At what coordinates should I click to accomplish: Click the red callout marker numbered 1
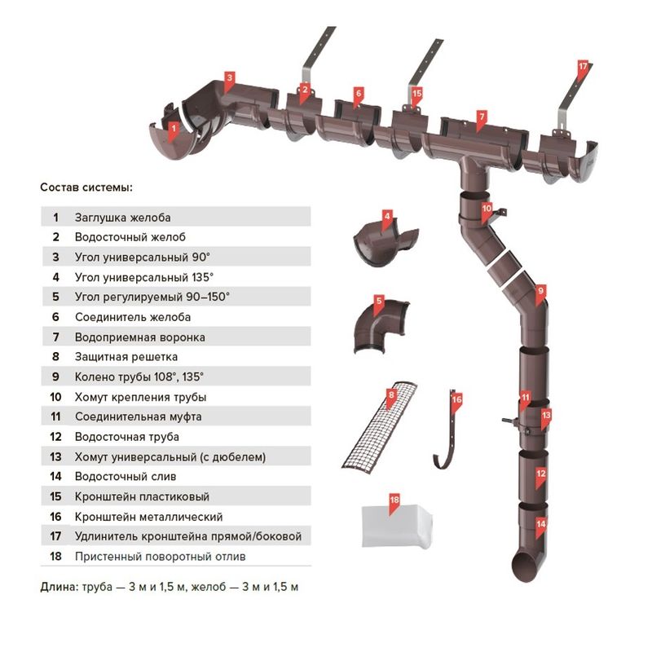point(173,127)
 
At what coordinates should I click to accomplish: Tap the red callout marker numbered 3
point(230,78)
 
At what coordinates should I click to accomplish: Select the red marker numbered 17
point(582,65)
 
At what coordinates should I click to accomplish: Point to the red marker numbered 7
point(482,117)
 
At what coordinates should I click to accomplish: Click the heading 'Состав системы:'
point(86,187)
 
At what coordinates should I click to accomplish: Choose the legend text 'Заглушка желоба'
point(122,218)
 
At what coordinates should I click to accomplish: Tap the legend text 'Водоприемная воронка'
point(139,337)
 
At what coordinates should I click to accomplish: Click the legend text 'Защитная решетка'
point(126,357)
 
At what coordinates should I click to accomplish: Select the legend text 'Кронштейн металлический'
point(148,517)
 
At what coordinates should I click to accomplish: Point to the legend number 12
point(55,437)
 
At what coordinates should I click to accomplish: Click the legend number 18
point(55,557)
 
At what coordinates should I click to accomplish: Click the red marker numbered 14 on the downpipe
point(540,525)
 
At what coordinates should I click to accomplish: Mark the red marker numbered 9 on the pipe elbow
point(540,289)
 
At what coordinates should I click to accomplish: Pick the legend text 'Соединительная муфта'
point(138,416)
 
